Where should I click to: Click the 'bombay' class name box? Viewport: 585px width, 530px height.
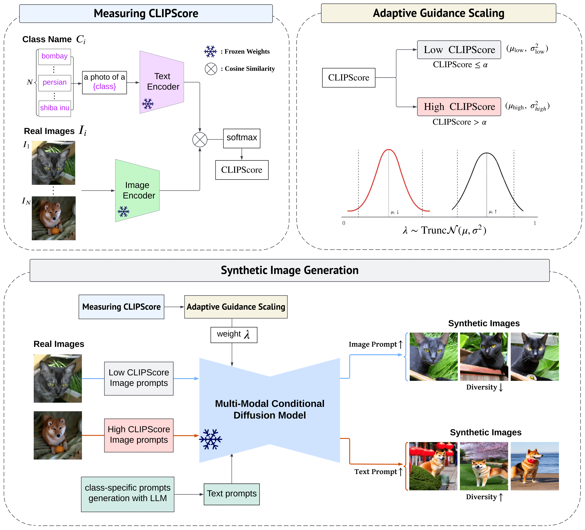point(55,56)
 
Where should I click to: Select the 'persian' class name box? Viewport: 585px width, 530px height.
point(55,83)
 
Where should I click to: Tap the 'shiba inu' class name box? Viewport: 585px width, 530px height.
point(55,108)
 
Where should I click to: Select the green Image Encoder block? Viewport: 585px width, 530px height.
point(138,190)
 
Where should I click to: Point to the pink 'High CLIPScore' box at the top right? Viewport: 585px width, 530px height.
point(459,107)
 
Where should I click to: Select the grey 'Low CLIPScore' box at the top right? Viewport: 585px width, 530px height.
point(459,50)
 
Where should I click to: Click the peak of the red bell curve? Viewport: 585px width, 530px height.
point(389,150)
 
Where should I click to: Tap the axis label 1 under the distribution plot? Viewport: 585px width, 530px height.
point(535,223)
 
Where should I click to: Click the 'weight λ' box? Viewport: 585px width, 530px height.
point(234,335)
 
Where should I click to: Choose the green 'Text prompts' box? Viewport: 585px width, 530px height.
point(232,494)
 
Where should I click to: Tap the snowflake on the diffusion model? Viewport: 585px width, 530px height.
point(211,439)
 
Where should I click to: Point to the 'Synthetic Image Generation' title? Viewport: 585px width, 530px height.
point(290,270)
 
